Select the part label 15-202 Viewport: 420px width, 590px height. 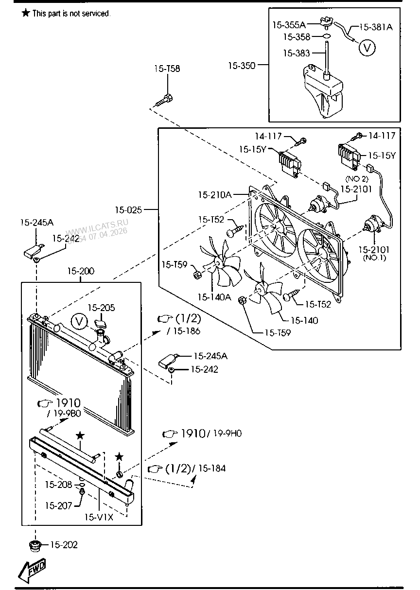tap(64, 545)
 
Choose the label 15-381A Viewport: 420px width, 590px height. tap(375, 27)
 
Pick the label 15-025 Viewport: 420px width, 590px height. tap(128, 210)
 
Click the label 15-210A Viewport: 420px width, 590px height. tap(214, 195)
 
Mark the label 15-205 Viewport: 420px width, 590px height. tap(101, 308)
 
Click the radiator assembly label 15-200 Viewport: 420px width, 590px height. tap(81, 271)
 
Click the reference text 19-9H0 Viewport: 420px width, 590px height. tap(228, 434)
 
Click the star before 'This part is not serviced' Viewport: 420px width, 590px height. tap(26, 13)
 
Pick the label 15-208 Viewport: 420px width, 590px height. tap(58, 485)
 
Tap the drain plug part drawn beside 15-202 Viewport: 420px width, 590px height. tap(35, 546)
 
